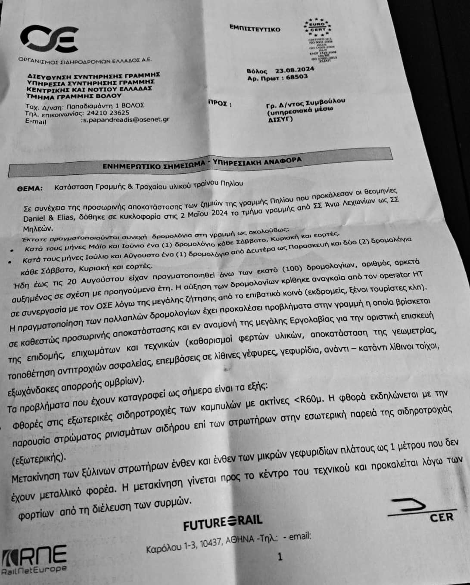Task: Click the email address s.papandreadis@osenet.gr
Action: click(x=125, y=120)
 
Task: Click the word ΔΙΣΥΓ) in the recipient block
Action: click(x=280, y=119)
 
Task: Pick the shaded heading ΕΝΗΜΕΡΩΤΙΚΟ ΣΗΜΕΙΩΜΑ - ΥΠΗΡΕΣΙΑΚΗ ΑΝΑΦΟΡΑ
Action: click(x=202, y=164)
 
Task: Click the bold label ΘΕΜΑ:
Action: click(x=30, y=188)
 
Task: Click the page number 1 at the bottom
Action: click(x=280, y=557)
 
